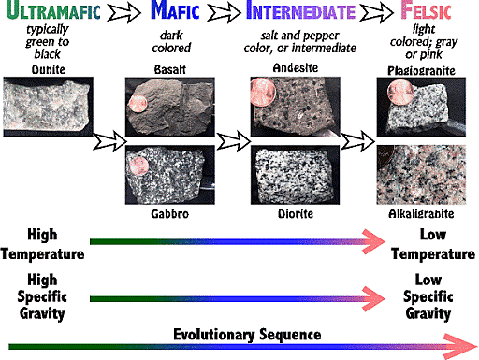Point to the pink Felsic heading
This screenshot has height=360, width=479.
click(x=428, y=13)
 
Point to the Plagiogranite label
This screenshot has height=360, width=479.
click(x=417, y=71)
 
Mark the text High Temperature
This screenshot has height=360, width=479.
click(x=43, y=244)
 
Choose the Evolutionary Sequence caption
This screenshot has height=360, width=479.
click(x=247, y=334)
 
